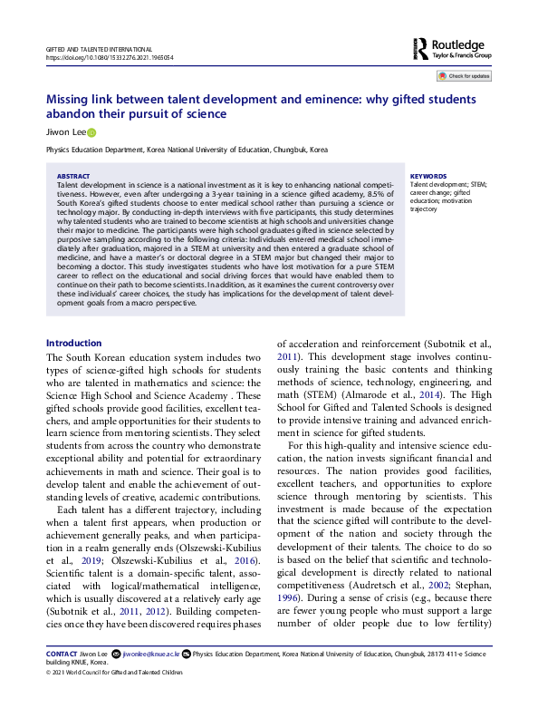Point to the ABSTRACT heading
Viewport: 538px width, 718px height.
click(72, 176)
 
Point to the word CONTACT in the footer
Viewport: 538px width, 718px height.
click(62, 654)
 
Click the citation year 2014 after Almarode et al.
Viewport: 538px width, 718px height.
click(461, 396)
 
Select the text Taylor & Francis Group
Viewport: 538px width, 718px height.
click(466, 54)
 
